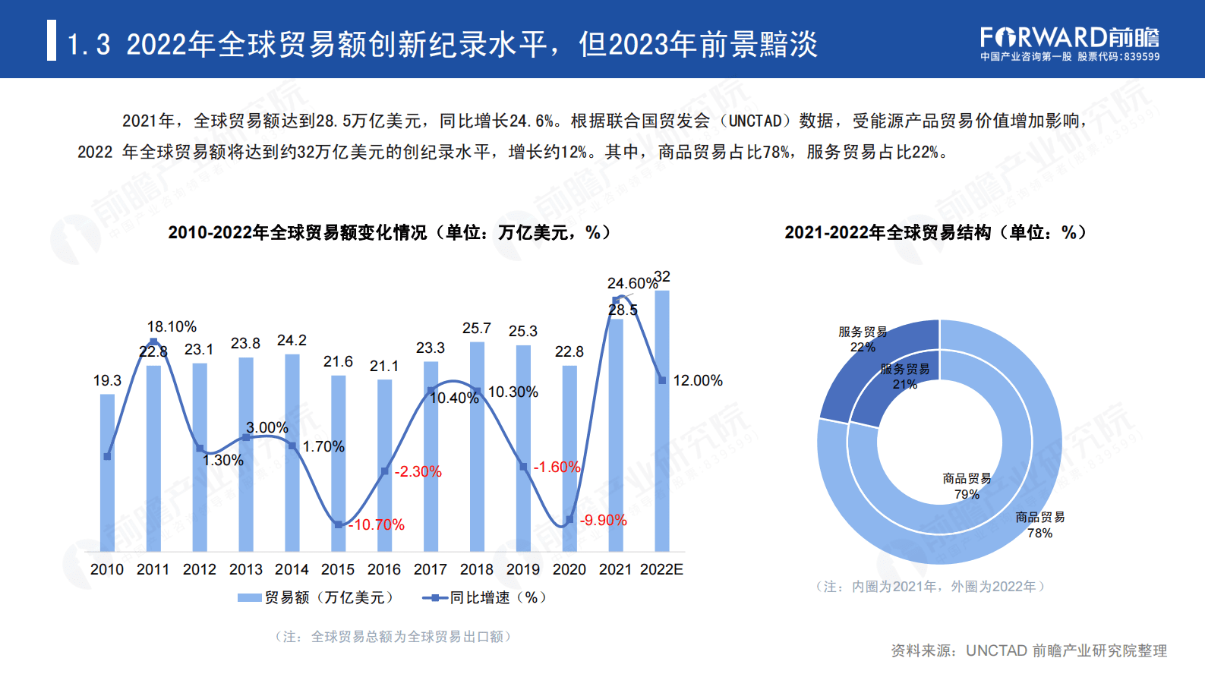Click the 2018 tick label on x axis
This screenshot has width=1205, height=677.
[x=476, y=569]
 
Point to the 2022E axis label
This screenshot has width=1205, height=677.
[x=661, y=569]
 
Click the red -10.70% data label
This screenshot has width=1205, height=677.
[x=377, y=524]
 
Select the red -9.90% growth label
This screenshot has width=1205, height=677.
[x=603, y=520]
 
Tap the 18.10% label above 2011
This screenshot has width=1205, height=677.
[x=172, y=326]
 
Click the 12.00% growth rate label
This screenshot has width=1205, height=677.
[x=698, y=380]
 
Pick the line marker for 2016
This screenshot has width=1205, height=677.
[x=384, y=471]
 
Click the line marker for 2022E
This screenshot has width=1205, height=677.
[x=662, y=380]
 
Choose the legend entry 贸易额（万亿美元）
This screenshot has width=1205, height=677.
[x=317, y=597]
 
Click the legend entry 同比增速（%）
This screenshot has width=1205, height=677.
[x=486, y=597]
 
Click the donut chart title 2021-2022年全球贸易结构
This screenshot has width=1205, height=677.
[x=935, y=232]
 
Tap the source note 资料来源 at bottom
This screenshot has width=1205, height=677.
[x=1028, y=650]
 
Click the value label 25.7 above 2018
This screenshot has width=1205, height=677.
[x=476, y=328]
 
